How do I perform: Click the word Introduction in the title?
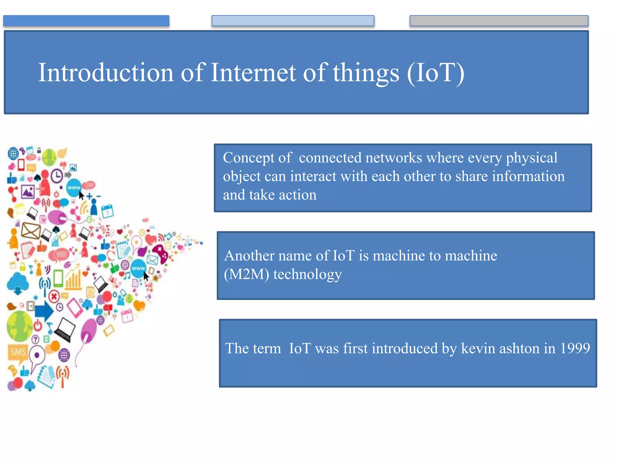click(106, 72)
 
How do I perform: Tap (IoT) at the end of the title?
click(435, 73)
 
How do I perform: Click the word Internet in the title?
click(253, 72)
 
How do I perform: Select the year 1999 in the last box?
click(575, 348)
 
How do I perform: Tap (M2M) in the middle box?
click(246, 274)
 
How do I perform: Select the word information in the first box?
click(528, 176)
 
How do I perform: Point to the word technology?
click(307, 274)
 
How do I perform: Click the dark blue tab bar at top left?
click(86, 21)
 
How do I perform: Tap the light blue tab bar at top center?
click(293, 21)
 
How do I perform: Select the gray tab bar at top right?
click(499, 21)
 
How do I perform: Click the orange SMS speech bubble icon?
click(18, 353)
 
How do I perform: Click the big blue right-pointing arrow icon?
click(44, 311)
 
